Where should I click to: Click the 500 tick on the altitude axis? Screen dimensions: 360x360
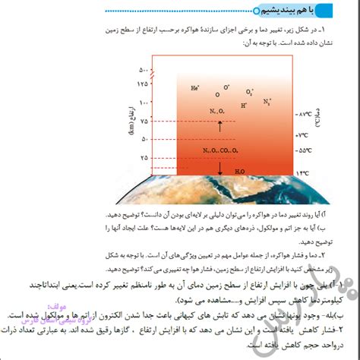pos(142,70)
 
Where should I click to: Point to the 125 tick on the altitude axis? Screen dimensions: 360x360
pos(142,84)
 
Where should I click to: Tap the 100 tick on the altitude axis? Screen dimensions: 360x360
pos(142,102)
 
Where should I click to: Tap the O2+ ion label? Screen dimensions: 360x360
pos(250,91)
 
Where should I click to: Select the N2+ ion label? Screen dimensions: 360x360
pos(267,101)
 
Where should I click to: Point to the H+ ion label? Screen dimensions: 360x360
pos(243,106)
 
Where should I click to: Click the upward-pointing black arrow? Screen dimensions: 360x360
pos(220,125)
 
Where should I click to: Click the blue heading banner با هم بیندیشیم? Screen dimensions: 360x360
pos(297,11)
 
